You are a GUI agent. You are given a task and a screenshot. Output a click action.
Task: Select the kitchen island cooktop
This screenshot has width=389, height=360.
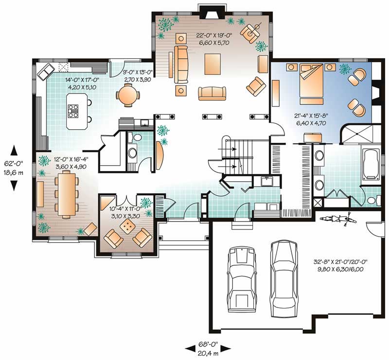(74, 111)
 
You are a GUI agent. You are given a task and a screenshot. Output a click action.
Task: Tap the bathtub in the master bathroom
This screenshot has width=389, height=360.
(372, 166)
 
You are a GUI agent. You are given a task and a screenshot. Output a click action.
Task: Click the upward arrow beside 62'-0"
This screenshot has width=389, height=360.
(14, 149)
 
